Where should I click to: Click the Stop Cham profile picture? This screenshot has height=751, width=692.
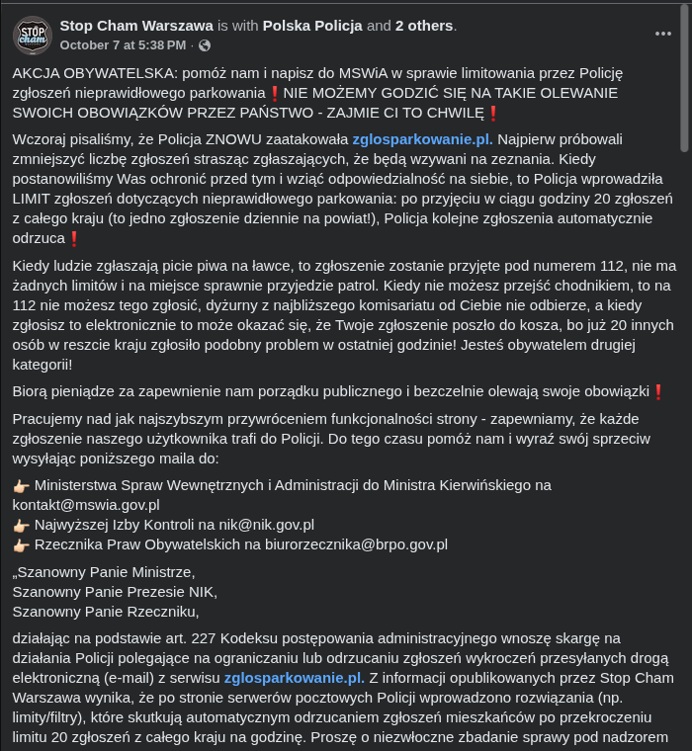click(x=33, y=35)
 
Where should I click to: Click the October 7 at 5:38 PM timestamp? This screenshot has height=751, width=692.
click(x=123, y=45)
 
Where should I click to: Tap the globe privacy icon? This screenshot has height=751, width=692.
click(x=205, y=45)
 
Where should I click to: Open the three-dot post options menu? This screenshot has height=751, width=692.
click(x=663, y=34)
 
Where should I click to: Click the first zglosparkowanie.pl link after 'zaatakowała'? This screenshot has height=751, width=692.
click(x=422, y=138)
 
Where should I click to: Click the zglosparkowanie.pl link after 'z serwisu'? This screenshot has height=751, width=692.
click(x=294, y=678)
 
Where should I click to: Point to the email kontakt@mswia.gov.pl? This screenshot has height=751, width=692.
click(x=86, y=504)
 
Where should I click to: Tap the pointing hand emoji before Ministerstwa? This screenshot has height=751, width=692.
click(x=21, y=485)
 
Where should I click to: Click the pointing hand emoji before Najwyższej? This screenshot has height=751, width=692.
click(x=21, y=525)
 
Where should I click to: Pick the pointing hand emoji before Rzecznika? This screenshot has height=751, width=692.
click(x=21, y=544)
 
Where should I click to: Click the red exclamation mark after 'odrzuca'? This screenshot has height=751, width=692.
click(x=73, y=238)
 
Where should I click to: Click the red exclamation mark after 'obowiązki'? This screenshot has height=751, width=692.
click(x=657, y=391)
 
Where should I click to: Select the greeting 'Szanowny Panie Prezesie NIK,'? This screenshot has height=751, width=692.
click(x=115, y=592)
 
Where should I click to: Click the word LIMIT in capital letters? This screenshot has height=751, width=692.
click(x=34, y=199)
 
